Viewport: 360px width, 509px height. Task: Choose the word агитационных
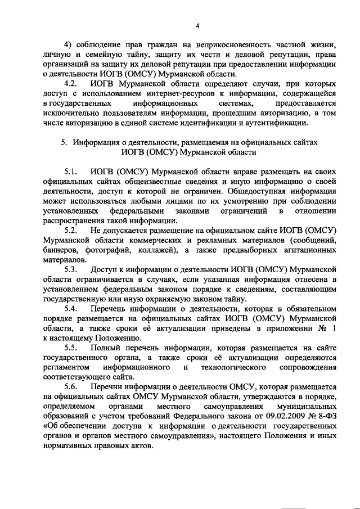(x=308, y=251)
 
